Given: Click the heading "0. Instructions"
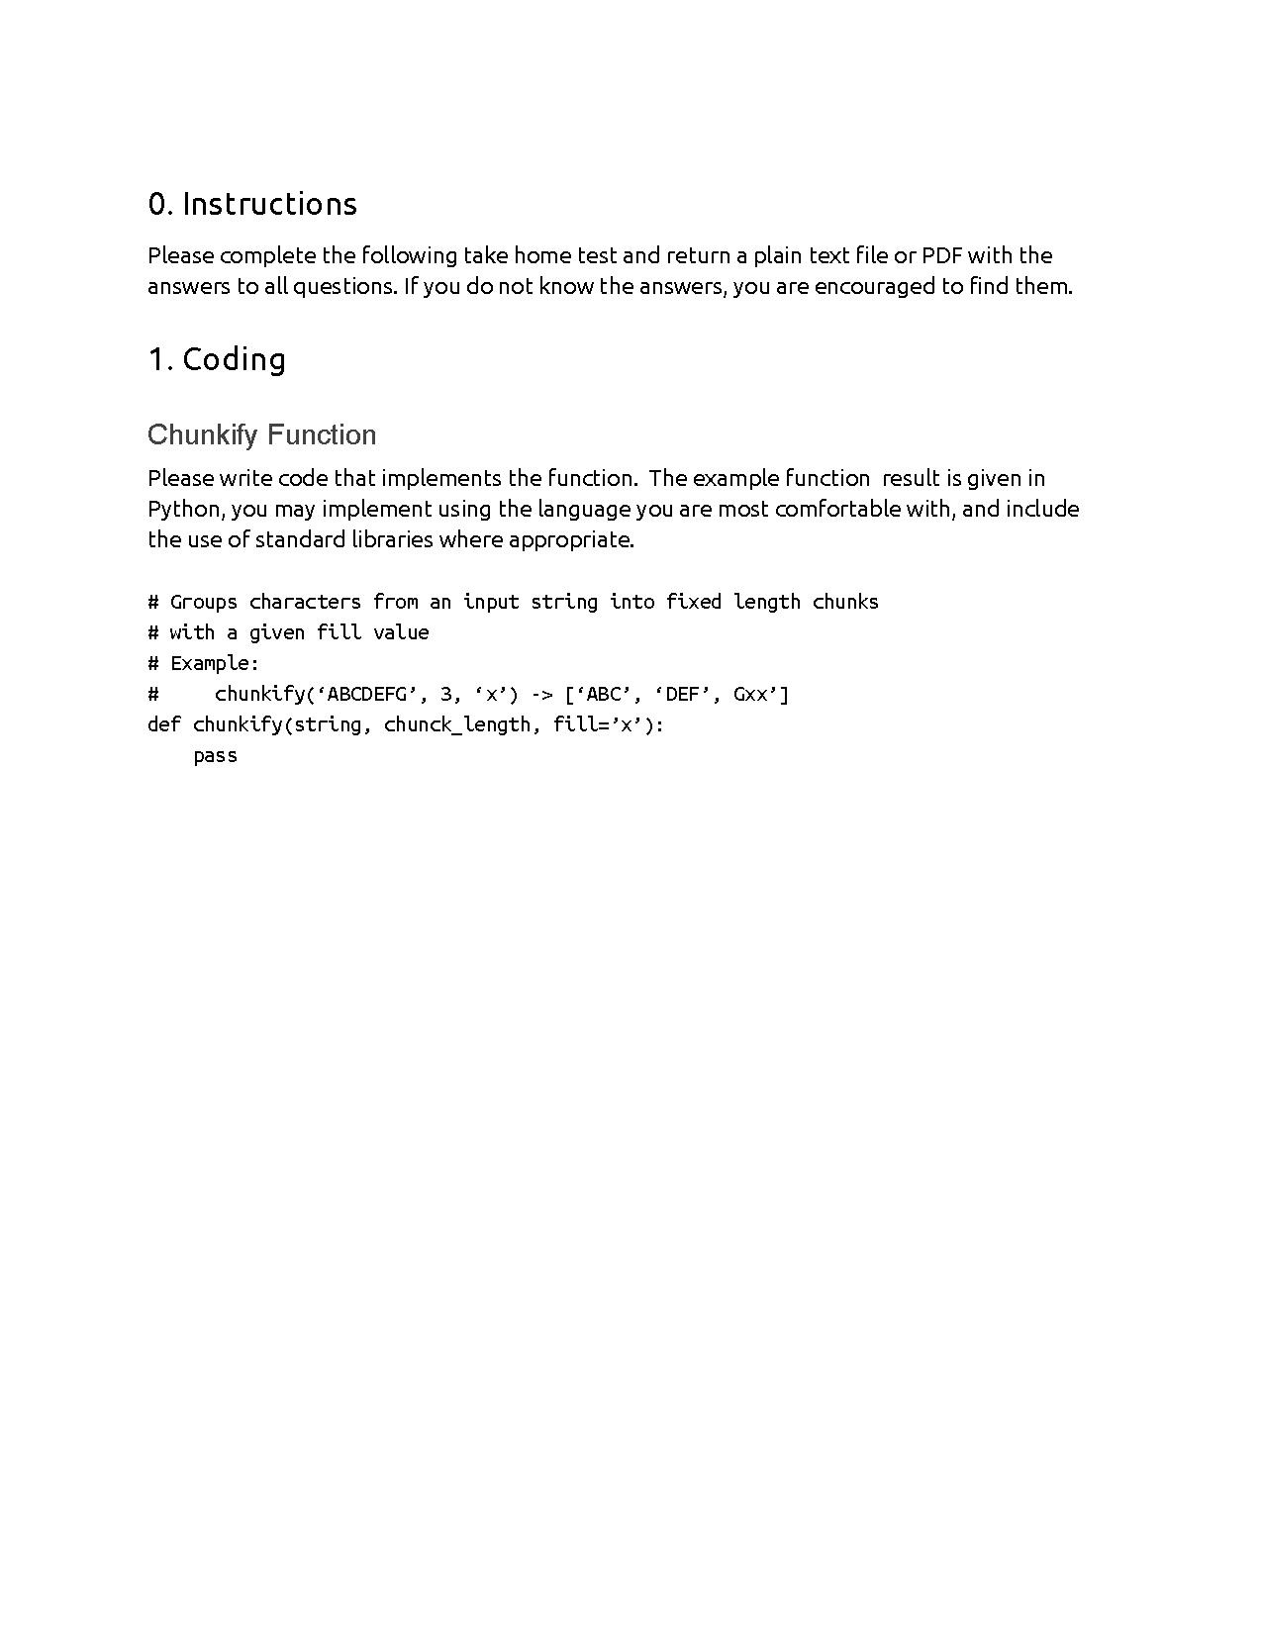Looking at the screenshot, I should pos(252,204).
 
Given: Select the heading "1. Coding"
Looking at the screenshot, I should pos(217,359).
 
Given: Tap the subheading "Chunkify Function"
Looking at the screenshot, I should pos(261,435).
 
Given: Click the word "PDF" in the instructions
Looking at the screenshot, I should pos(941,255).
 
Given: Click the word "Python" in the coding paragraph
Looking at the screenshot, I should pos(183,509).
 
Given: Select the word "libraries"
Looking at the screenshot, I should pos(392,539).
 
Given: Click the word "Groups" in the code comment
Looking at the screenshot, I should pos(204,602).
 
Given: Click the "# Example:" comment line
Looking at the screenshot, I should pos(203,663).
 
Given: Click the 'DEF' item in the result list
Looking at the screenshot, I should pos(682,694).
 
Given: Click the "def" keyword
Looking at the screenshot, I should pos(163,724).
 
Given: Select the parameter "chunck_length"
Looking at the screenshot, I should pos(456,724).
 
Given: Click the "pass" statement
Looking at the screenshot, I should pos(215,755).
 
